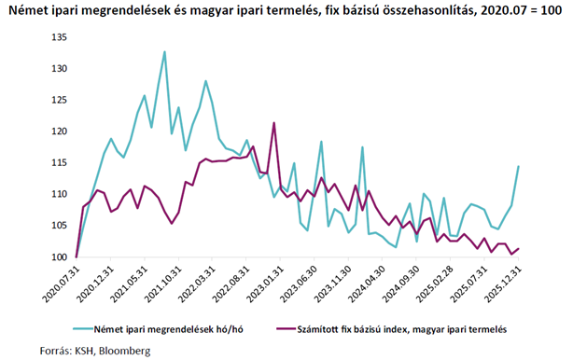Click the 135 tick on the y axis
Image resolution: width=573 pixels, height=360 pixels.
(58, 37)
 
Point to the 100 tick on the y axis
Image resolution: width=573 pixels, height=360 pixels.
(58, 257)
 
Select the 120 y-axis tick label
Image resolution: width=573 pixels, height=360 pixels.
(58, 132)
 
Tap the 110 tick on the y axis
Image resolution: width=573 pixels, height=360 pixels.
(58, 194)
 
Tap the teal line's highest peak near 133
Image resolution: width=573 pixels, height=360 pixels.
(164, 52)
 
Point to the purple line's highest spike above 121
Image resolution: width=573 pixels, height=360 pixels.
(273, 123)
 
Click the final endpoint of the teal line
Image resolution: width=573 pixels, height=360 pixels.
(519, 166)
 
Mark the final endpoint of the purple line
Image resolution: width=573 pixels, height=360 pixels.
(519, 248)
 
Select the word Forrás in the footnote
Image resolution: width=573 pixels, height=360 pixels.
(23, 352)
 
